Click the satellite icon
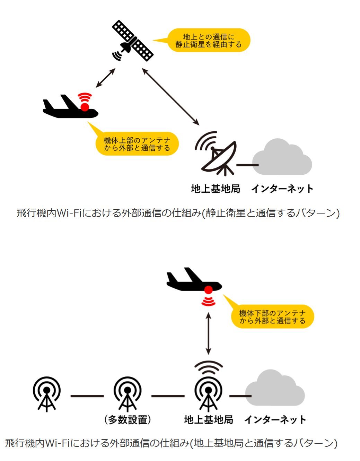(132, 41)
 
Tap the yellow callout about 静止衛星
(208, 41)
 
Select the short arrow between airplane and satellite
(105, 78)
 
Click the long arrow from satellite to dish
(170, 96)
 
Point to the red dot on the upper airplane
(85, 107)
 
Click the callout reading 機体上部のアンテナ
(137, 144)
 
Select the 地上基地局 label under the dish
(216, 189)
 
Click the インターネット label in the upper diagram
(282, 189)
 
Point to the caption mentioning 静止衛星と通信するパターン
(178, 212)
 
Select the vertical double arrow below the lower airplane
(208, 333)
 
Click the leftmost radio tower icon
(47, 394)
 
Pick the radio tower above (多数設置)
(128, 394)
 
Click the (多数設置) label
(128, 420)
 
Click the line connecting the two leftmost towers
(87, 396)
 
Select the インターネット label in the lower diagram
(275, 420)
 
